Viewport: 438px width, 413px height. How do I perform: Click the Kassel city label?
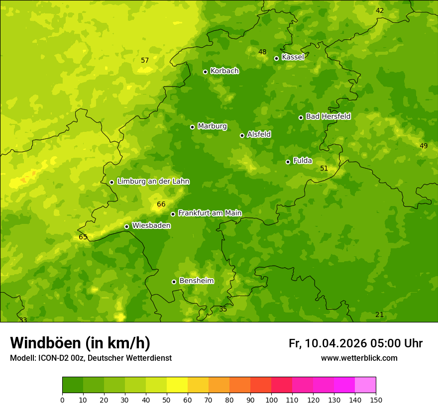click(293, 57)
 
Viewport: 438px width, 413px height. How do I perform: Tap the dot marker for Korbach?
click(205, 72)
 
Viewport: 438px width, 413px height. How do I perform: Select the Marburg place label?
click(212, 126)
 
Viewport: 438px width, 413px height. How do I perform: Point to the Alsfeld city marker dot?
click(242, 135)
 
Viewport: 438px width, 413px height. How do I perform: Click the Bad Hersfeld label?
click(328, 116)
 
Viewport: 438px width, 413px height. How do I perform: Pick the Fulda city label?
click(303, 161)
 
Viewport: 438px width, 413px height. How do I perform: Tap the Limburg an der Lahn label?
click(153, 182)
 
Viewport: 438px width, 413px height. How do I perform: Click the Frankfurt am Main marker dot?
click(173, 214)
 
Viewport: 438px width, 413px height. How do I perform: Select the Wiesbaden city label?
click(151, 225)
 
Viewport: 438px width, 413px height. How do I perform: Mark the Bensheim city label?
click(196, 281)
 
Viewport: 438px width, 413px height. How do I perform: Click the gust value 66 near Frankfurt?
click(161, 205)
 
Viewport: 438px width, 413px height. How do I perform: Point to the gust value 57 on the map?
click(145, 61)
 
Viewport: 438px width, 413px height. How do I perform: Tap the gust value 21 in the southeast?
click(380, 314)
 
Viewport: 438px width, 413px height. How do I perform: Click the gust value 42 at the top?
click(380, 11)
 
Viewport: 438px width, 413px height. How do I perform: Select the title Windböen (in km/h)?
click(80, 343)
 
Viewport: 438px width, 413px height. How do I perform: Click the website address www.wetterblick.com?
click(359, 358)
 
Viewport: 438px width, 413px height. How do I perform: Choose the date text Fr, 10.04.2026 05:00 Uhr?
click(355, 343)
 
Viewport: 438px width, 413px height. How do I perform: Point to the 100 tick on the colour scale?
click(271, 400)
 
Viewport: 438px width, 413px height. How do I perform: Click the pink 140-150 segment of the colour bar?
click(365, 385)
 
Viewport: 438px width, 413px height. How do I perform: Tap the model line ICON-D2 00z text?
click(91, 358)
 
